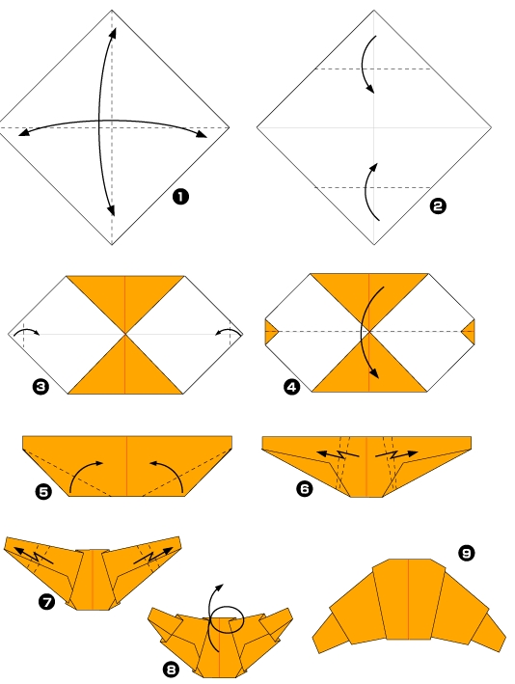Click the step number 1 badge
180,197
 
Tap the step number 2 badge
438,205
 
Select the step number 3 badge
41,387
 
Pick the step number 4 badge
292,388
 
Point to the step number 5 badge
43,491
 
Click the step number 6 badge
305,489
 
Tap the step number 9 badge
467,552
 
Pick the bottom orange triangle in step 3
125,370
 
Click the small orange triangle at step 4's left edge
269,333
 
